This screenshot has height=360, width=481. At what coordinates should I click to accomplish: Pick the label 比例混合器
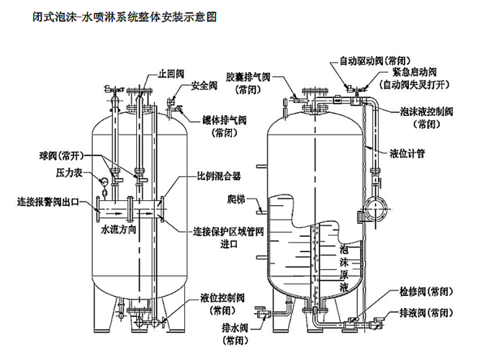[x=219, y=175]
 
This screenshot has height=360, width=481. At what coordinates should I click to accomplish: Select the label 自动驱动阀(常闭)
[x=372, y=60]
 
